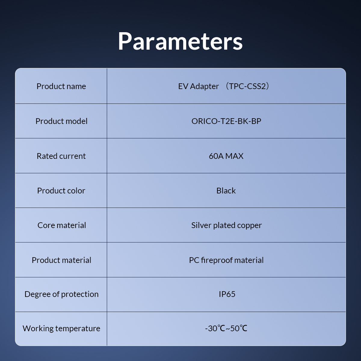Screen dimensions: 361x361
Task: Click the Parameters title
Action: pos(180,42)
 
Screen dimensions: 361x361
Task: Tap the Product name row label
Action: pos(61,86)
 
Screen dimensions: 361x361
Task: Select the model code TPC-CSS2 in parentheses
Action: pos(248,86)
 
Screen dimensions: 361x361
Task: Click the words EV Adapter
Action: pos(198,86)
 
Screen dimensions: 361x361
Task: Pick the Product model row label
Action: pos(61,121)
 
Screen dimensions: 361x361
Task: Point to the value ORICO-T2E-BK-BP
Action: pos(226,121)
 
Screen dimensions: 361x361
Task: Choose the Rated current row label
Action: pos(61,156)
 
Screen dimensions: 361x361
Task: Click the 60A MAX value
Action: pos(226,156)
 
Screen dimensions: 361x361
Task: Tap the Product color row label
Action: pos(61,191)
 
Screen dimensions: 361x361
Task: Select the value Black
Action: pos(226,191)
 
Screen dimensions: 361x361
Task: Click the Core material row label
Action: pos(62,225)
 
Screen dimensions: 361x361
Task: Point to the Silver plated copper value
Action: pos(227,226)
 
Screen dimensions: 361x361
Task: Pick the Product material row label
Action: pos(61,260)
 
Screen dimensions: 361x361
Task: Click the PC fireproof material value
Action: pos(226,260)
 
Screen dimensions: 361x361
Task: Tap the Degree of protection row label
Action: pos(61,294)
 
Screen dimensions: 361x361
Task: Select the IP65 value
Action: pos(227,294)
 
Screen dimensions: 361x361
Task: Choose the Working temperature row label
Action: pos(61,329)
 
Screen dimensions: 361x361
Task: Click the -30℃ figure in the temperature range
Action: pos(215,329)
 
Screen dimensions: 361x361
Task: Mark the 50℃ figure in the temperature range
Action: pos(239,329)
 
